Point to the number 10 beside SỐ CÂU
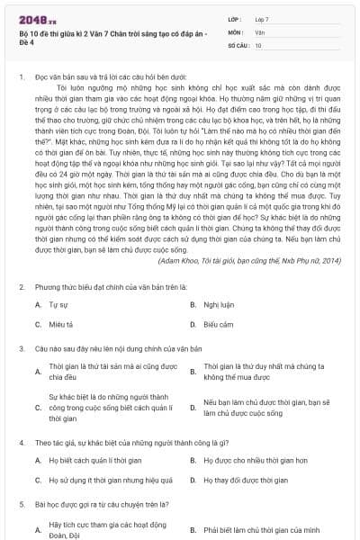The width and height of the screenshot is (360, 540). click(258, 44)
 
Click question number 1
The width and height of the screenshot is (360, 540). click(22, 78)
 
